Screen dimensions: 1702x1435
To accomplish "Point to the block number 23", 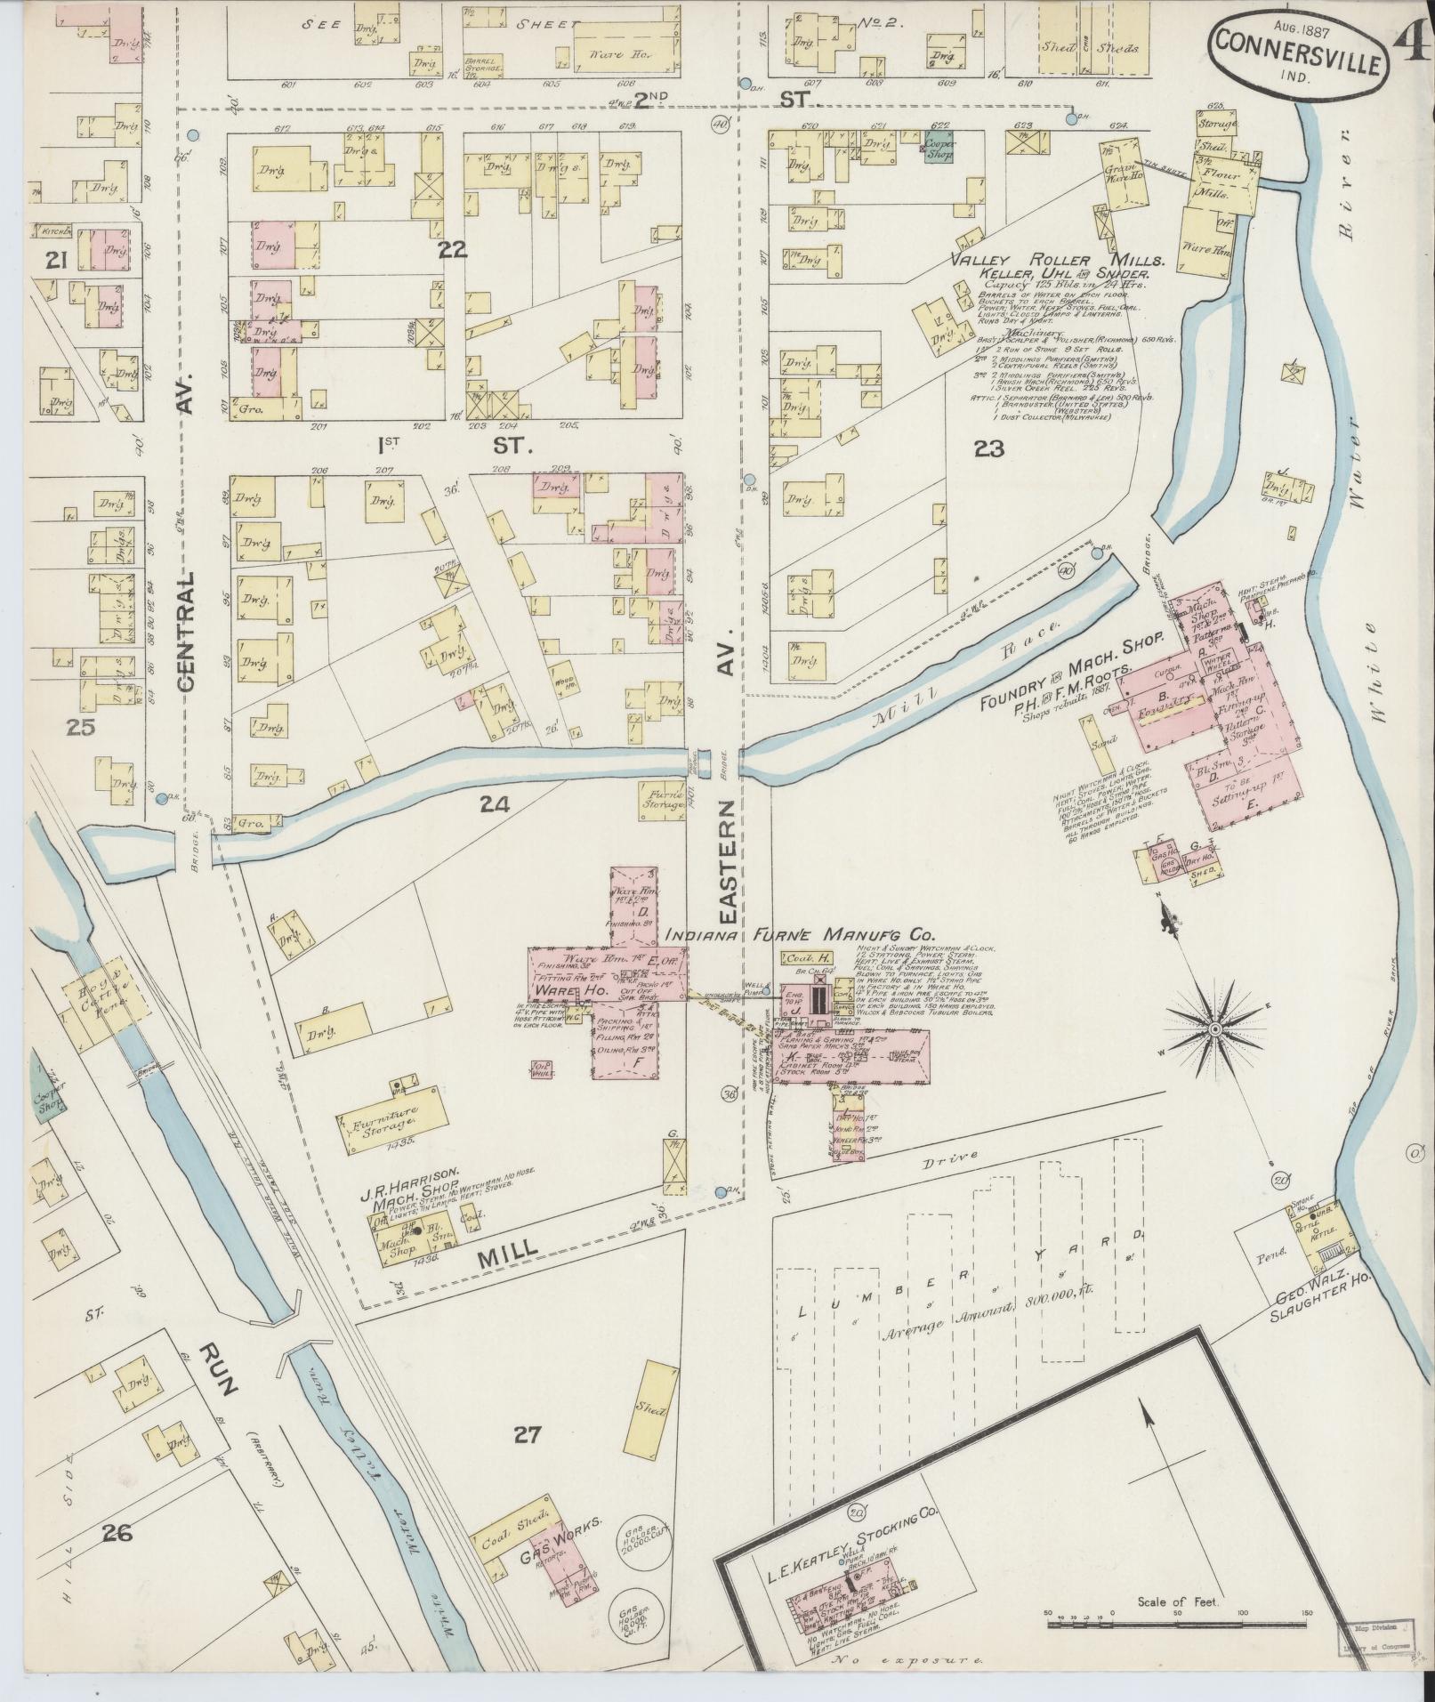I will click(988, 449).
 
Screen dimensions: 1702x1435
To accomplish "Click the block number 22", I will click(452, 251).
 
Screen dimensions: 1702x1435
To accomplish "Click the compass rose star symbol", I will click(1213, 1028).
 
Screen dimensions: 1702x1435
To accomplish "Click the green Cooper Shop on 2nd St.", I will click(938, 147).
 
